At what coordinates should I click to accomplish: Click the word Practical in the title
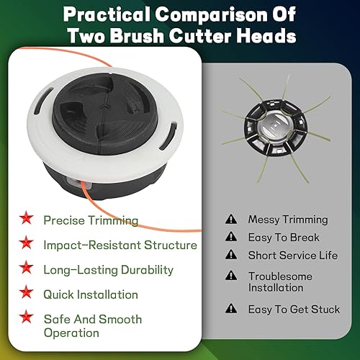tap(107, 15)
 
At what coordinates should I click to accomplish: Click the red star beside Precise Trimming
tap(26, 217)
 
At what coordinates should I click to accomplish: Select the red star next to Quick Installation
tap(26, 292)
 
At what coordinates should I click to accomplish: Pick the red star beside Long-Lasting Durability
tap(26, 267)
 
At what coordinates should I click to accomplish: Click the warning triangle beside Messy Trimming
tap(231, 219)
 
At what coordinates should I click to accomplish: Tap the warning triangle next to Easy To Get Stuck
tap(231, 308)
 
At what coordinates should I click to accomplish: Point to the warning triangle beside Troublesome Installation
tap(231, 276)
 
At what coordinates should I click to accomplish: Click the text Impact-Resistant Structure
tap(120, 245)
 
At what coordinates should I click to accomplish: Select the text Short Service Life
tap(293, 255)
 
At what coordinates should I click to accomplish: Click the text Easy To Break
tap(284, 238)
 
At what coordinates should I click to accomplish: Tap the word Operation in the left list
tap(71, 333)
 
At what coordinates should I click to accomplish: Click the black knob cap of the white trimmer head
tap(105, 113)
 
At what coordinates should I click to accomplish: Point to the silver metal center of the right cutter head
tap(275, 127)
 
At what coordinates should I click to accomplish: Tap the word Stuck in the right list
tap(325, 309)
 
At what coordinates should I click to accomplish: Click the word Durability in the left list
tap(147, 270)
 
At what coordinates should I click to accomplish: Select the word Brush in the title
tap(137, 36)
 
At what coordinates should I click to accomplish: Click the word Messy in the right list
tap(264, 220)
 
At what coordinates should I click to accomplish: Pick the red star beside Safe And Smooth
tap(26, 316)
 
